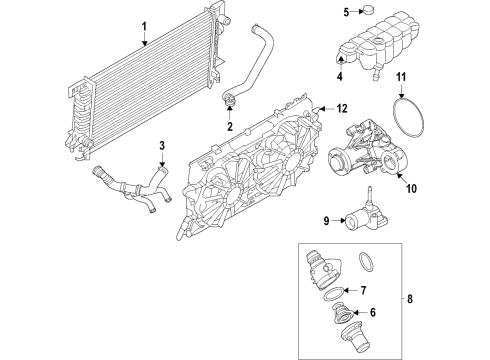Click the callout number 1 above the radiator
point(143,26)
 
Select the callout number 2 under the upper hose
point(229,127)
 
